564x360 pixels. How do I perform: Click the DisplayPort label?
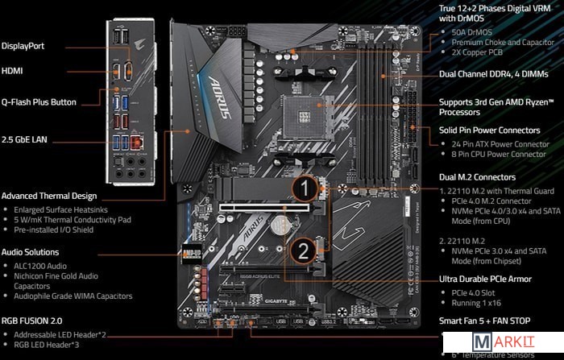(x=23, y=46)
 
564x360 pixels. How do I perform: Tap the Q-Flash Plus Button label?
(x=39, y=102)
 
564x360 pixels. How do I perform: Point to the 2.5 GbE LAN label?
(x=24, y=139)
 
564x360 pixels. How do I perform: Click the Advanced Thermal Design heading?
(x=49, y=196)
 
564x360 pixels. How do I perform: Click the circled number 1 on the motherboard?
(x=303, y=190)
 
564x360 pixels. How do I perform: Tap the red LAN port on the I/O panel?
(x=138, y=143)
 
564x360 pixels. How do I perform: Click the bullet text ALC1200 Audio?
(x=44, y=264)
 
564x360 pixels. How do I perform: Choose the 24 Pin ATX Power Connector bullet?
(x=499, y=143)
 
